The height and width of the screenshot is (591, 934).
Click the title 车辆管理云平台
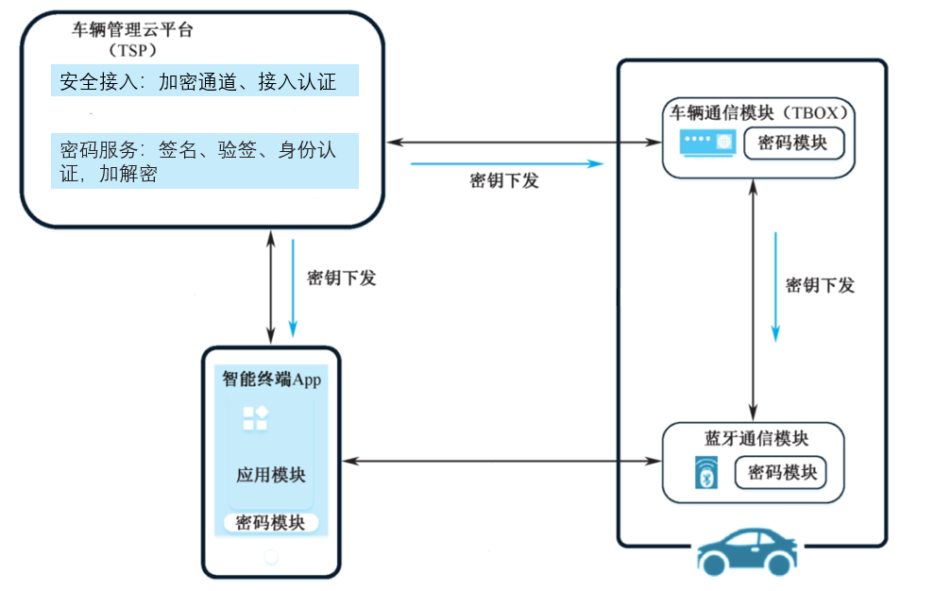click(133, 29)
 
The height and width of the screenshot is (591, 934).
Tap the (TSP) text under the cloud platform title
click(132, 49)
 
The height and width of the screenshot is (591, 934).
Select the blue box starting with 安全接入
click(205, 81)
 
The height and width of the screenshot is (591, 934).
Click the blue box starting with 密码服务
click(205, 160)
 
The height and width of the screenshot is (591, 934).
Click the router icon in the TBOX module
click(708, 143)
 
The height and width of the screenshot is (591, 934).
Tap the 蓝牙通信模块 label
click(756, 438)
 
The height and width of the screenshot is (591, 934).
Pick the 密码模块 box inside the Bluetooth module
click(782, 472)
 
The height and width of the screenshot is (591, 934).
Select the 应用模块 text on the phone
click(271, 475)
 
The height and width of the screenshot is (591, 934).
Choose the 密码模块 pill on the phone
click(271, 523)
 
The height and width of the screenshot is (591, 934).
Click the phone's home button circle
click(271, 557)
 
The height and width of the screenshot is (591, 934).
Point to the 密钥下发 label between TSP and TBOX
click(504, 181)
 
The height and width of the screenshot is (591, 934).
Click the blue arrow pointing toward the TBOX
click(506, 163)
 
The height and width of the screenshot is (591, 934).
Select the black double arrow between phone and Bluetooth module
click(501, 461)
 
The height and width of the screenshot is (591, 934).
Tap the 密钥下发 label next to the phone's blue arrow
click(342, 278)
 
